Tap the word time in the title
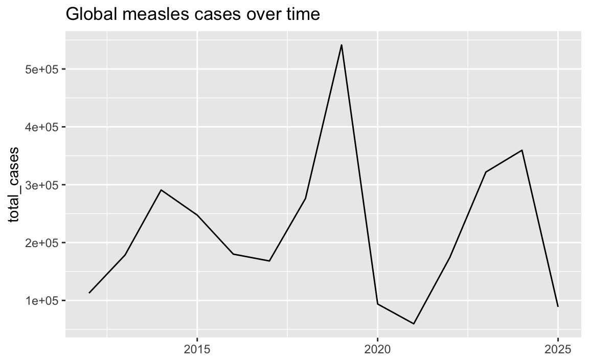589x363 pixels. click(x=302, y=15)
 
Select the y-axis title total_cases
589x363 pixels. click(x=15, y=184)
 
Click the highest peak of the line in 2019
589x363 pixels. click(x=342, y=45)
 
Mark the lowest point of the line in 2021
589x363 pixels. click(x=414, y=324)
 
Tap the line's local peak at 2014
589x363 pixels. click(x=161, y=190)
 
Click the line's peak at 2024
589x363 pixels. click(x=522, y=150)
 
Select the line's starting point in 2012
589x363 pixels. click(x=89, y=293)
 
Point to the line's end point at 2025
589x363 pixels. click(x=558, y=306)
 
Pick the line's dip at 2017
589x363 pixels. click(x=269, y=261)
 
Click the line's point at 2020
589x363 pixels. click(x=377, y=304)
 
